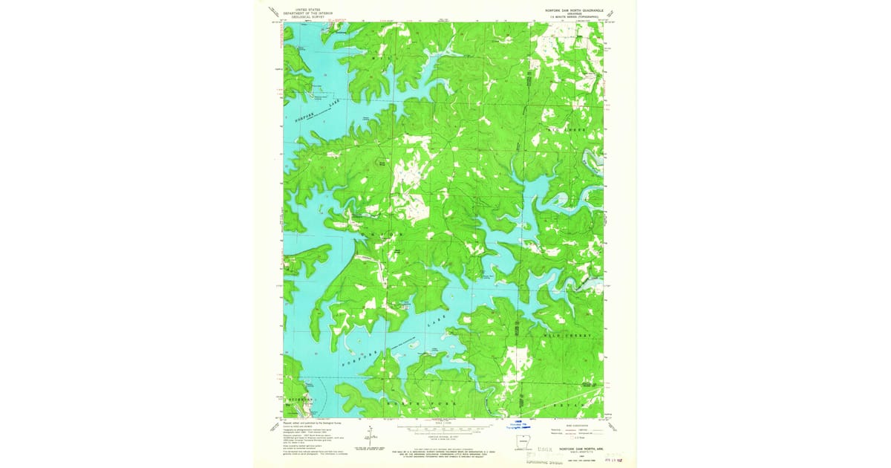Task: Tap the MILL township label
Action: click(379, 56)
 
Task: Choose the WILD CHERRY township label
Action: click(571, 337)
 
